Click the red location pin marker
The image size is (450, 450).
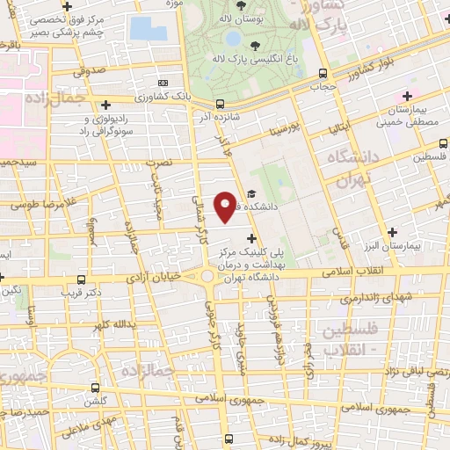click(226, 207)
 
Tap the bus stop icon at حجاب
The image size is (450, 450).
click(323, 73)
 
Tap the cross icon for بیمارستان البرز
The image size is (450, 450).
click(392, 232)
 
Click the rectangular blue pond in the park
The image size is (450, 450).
click(148, 28)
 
